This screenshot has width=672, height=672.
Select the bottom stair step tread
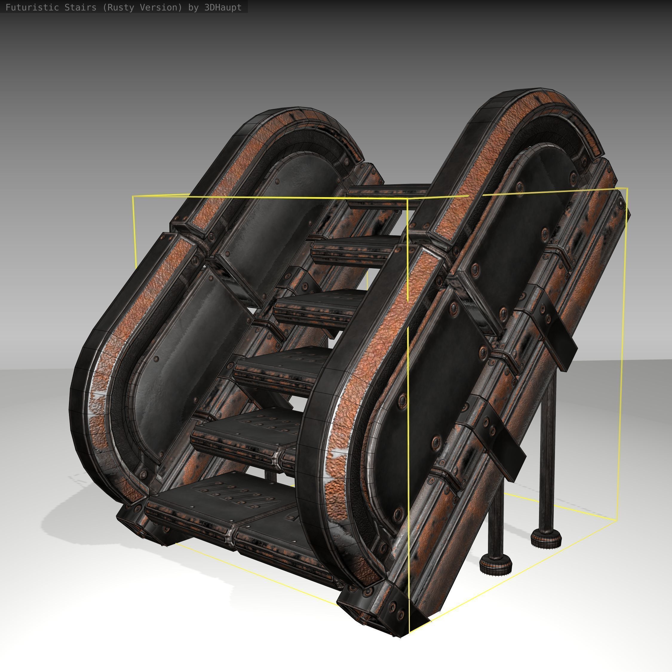pyautogui.click(x=226, y=501)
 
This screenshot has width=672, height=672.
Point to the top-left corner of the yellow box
pyautogui.click(x=133, y=197)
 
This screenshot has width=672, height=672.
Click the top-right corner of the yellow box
pyautogui.click(x=627, y=188)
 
